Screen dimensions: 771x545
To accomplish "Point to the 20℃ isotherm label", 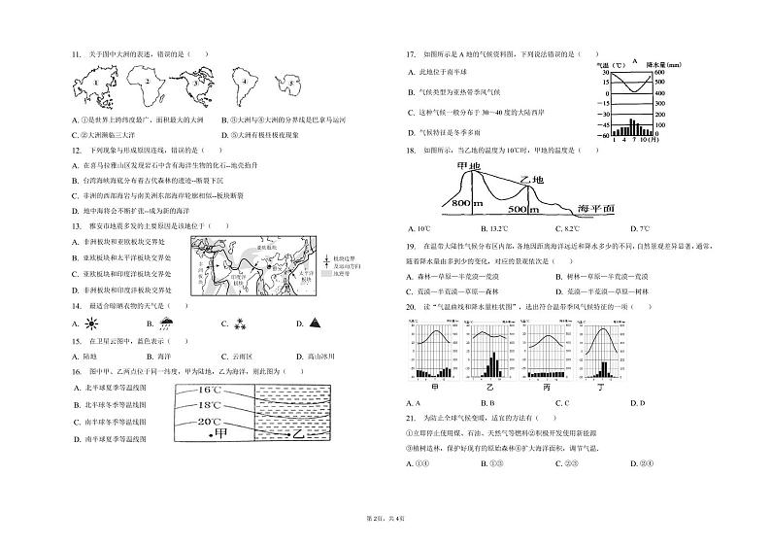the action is (x=212, y=422).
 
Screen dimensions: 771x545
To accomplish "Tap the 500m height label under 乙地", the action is (x=523, y=209).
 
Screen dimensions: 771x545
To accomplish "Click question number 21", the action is (x=412, y=417).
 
